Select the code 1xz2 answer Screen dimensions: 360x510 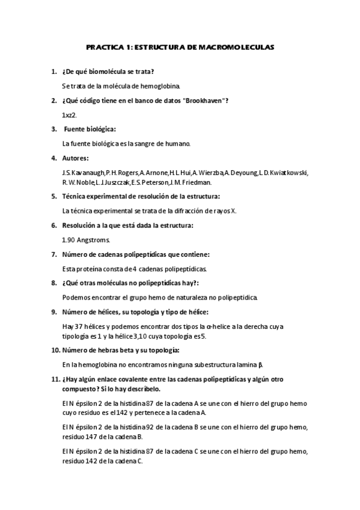tap(69, 114)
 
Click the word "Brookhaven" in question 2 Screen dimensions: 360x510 tap(203, 100)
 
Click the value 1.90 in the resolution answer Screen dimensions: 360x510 tap(69, 239)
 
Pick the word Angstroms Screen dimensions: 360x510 tap(94, 239)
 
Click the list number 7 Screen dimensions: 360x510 tap(53, 254)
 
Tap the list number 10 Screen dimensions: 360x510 tap(54, 350)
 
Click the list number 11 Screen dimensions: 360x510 tap(54, 379)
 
